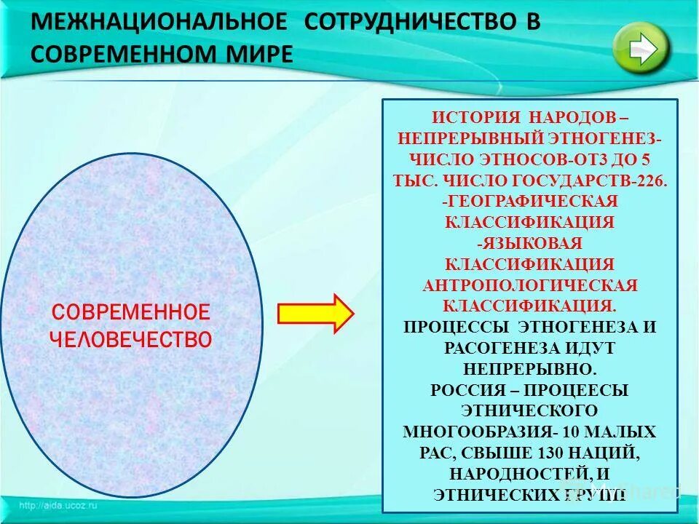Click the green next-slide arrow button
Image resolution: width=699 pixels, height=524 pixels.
click(641, 47)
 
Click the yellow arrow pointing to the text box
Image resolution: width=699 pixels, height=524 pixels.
click(315, 313)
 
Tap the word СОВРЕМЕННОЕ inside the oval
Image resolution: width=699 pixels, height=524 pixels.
click(130, 313)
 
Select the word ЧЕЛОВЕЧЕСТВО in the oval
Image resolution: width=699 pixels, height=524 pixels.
click(130, 339)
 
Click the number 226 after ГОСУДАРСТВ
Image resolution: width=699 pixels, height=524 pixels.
click(652, 180)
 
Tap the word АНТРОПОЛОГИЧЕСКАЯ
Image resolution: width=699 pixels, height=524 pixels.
click(530, 285)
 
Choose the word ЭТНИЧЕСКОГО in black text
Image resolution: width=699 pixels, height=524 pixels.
click(530, 410)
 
